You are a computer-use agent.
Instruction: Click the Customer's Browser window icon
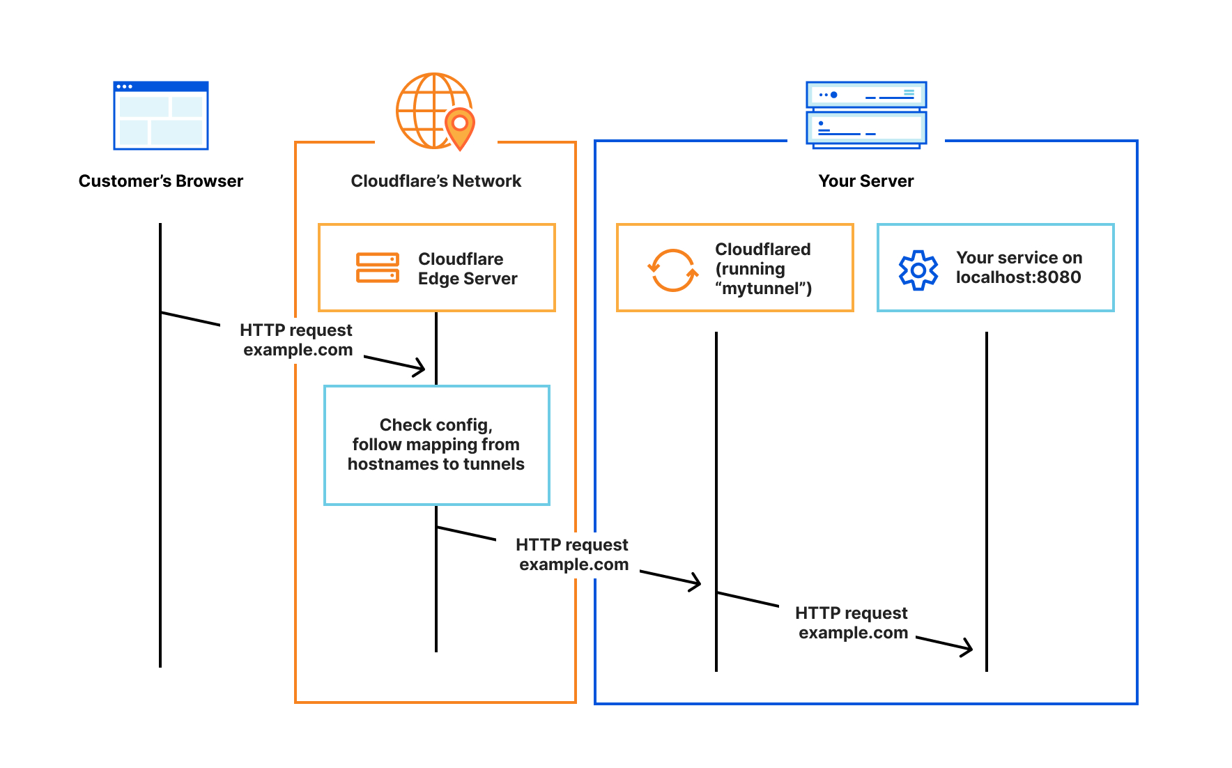coord(161,116)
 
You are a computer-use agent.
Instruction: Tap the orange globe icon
coord(429,110)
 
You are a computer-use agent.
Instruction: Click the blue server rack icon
coord(866,114)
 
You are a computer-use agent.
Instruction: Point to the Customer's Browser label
coord(161,181)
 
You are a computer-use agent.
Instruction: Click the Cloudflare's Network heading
coord(436,181)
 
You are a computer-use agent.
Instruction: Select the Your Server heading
coord(865,181)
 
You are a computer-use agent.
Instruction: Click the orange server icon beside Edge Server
coord(377,268)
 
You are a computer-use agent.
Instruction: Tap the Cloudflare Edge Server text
coord(467,268)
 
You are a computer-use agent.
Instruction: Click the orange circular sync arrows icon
coord(672,270)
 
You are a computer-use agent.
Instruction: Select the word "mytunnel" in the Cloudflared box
coord(763,289)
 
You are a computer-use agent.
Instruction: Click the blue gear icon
coord(918,270)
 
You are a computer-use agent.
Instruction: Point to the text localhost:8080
coord(1018,277)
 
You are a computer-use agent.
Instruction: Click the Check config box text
coord(436,445)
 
